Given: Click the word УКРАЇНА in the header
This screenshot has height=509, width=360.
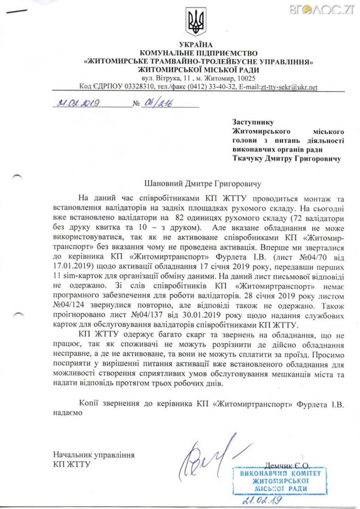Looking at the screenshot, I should coord(196,45).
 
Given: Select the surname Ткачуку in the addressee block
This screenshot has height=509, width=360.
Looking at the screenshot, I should coord(250,158).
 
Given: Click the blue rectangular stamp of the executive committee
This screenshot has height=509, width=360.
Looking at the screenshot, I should coord(277,480).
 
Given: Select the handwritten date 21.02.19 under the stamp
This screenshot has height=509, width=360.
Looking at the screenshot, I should coord(262,500).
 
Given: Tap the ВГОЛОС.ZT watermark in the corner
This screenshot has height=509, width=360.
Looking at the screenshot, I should coord(335,8).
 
